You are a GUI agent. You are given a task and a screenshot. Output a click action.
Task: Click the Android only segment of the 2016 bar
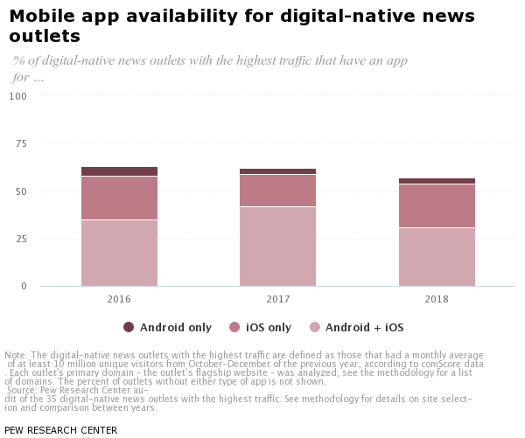tap(119, 171)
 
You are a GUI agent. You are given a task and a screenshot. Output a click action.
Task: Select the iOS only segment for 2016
tap(119, 198)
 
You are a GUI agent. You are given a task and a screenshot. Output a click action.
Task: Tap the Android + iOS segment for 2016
tap(119, 253)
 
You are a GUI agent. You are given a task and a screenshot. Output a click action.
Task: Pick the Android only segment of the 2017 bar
tap(277, 171)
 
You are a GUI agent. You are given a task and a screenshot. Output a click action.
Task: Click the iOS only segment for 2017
tap(277, 191)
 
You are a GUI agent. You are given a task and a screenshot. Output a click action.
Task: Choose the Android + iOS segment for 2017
tap(277, 247)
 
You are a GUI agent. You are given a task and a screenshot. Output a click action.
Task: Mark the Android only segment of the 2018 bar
tap(437, 181)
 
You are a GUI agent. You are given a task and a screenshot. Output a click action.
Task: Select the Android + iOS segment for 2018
tap(437, 257)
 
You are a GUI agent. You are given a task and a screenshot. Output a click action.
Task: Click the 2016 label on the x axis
tap(119, 299)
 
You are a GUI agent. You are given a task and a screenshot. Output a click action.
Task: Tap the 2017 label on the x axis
tap(277, 299)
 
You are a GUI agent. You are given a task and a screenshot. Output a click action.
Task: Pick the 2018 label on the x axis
tap(437, 299)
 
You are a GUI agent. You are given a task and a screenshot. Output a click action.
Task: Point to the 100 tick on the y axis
tap(18, 96)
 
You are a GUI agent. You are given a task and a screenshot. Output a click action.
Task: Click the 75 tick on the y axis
tap(21, 143)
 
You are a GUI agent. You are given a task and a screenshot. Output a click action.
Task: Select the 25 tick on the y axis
tap(21, 239)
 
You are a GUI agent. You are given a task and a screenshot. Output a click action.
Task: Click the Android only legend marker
tap(129, 327)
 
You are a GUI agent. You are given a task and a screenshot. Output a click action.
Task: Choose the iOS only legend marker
tap(234, 327)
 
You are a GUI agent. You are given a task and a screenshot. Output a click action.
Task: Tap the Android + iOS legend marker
tap(314, 327)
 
